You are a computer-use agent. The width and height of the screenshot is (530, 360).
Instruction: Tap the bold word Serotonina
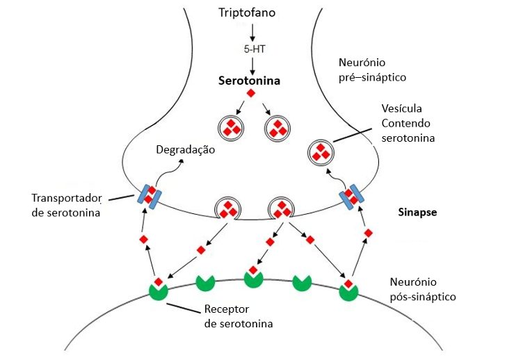[249, 81]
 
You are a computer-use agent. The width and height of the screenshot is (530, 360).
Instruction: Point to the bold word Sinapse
[417, 212]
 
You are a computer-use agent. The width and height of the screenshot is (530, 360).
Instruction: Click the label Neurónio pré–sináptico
[371, 69]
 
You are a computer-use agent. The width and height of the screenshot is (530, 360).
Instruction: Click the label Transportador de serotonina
[66, 204]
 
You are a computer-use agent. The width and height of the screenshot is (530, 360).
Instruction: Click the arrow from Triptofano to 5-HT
[252, 31]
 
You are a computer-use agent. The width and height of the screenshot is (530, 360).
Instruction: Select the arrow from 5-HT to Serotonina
[251, 65]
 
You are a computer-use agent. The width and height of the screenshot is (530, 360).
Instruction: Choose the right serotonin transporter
[353, 196]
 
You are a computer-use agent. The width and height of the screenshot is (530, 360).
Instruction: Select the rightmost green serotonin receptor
[348, 290]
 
